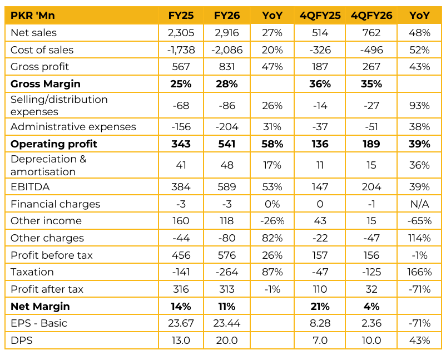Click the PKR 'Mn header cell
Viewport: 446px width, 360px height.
pos(33,16)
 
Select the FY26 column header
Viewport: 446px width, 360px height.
pos(227,16)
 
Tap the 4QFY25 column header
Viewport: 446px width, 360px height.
pos(320,16)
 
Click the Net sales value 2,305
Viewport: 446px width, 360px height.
pos(181,33)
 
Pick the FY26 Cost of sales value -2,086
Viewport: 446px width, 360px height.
pos(227,50)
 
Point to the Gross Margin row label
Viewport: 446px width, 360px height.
pos(46,84)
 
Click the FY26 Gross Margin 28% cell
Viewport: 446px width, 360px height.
pos(227,84)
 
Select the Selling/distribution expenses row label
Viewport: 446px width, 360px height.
pos(59,106)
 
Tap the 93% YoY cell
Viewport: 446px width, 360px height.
pos(419,106)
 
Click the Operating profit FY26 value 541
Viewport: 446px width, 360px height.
pos(227,144)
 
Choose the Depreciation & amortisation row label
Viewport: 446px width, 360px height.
pos(48,165)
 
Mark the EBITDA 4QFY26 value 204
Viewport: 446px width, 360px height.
pos(371,187)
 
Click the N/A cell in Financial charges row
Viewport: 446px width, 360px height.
pos(419,204)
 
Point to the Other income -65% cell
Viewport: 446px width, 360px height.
pos(419,221)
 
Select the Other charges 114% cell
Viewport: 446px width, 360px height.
pos(419,238)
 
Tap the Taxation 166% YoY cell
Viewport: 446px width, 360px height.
pos(419,272)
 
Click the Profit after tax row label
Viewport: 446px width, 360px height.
pos(47,289)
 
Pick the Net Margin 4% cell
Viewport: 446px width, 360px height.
pos(371,307)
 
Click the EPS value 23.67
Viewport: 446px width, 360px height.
pos(181,323)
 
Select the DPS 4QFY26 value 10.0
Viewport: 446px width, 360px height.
pos(371,341)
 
